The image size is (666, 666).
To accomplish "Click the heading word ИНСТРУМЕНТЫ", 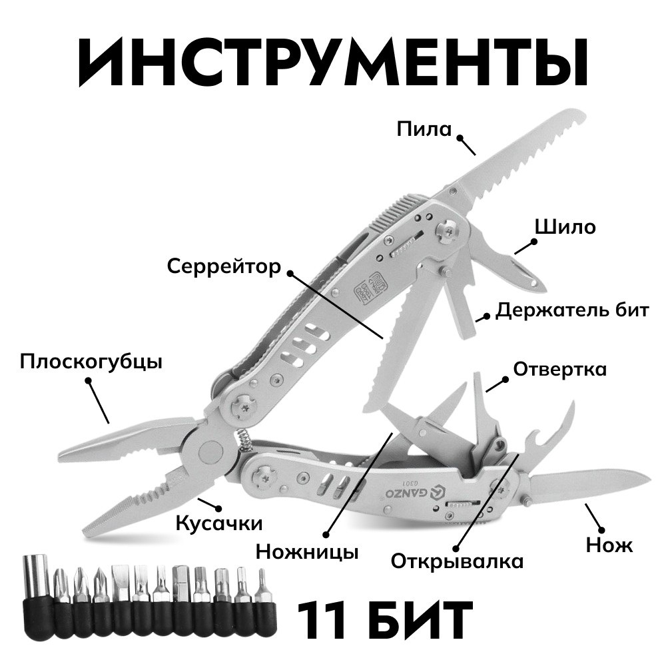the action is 333,63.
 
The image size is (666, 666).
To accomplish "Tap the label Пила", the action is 424,129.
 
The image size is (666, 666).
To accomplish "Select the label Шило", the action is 565,227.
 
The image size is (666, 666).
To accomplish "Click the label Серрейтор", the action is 224,267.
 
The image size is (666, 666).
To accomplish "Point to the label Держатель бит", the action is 572,310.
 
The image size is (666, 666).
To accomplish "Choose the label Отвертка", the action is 560,369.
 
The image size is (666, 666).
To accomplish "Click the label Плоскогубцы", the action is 91,363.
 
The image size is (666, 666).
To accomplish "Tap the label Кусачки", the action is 219,523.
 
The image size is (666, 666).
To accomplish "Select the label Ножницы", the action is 307,552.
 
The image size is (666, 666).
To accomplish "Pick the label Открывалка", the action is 457,561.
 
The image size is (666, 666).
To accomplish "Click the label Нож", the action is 609,545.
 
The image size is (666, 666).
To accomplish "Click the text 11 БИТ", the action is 384,619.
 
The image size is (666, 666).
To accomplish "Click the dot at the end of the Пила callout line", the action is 460,138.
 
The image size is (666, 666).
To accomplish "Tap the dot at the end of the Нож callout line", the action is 601,529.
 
